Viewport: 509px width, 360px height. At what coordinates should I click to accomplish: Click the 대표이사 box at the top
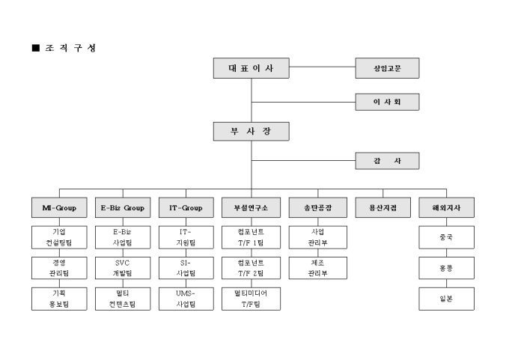click(251, 69)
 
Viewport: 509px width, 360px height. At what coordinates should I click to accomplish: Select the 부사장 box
click(251, 132)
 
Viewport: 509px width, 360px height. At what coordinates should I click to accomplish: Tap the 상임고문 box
click(387, 69)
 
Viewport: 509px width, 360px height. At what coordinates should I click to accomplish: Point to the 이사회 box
click(387, 101)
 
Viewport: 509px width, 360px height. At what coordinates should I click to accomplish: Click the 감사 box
click(387, 160)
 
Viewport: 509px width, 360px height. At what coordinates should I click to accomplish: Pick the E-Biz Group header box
click(123, 207)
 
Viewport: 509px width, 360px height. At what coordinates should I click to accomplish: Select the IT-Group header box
click(186, 207)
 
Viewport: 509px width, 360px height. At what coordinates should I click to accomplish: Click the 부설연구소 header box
click(251, 207)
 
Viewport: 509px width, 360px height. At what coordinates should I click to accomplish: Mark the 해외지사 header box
click(445, 207)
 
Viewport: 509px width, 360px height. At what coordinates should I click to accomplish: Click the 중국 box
click(445, 237)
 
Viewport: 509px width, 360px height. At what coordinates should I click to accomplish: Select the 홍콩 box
click(445, 268)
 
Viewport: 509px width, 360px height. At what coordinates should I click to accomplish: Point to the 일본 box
click(445, 299)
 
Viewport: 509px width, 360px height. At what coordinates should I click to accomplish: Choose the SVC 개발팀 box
click(123, 268)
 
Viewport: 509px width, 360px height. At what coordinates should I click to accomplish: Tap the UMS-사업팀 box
click(186, 299)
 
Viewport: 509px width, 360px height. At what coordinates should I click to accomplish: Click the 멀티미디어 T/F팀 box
click(251, 299)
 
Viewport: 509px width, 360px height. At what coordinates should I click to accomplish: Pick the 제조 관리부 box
click(317, 268)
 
